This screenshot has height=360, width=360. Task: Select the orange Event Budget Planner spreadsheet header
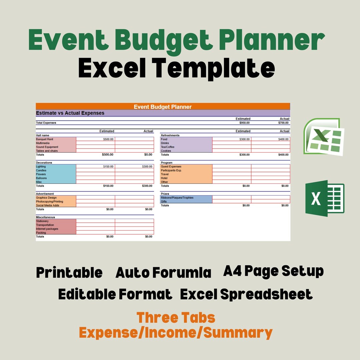pos(163,107)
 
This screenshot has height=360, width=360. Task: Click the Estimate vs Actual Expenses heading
pos(70,113)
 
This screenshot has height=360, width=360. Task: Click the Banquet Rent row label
pos(45,139)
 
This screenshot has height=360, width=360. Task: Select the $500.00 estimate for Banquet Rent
pos(108,139)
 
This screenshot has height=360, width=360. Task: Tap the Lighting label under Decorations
pos(41,166)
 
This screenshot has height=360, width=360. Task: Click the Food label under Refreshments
pos(164,139)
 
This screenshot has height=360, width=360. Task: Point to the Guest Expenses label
pos(171,166)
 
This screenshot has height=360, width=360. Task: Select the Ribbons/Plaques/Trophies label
pos(177,198)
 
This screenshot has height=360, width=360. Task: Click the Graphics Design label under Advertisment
pos(46,198)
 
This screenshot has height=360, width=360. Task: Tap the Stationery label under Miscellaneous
pos(42,221)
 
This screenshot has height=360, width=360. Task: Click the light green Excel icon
pos(323,137)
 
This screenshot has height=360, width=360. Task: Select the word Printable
pos(69,273)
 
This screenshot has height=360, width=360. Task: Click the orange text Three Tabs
pos(176,318)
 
